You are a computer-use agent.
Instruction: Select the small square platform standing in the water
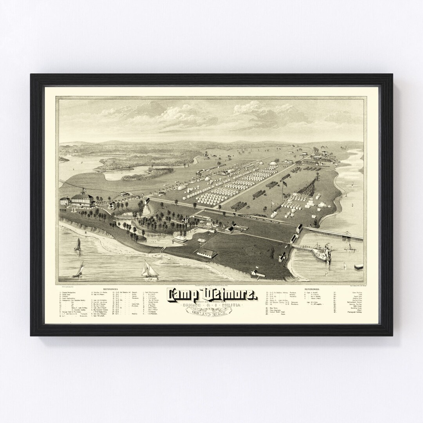coord(358,267)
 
